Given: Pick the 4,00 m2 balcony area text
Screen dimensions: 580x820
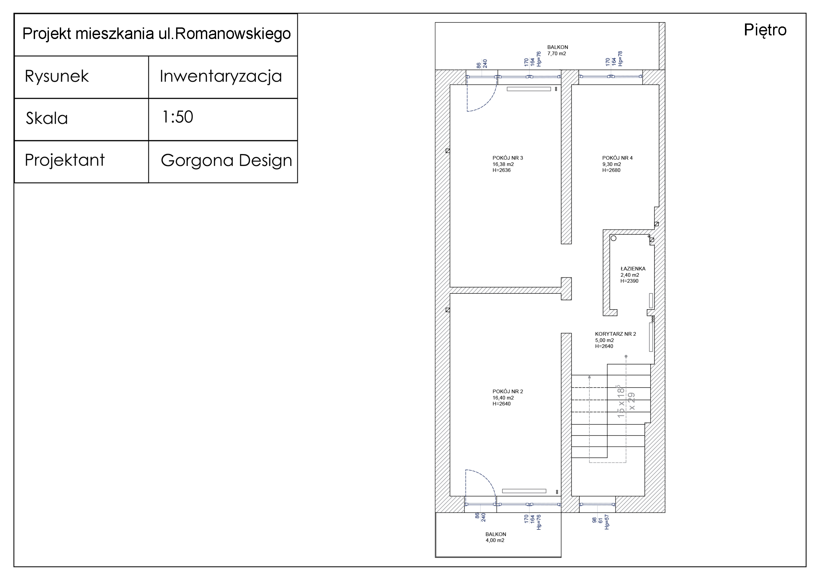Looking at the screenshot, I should pos(495,540).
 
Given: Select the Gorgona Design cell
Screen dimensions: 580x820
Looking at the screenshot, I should pos(226,160).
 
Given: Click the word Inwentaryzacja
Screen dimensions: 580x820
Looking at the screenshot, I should pos(220,76).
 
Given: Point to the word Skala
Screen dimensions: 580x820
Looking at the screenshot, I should pos(47,118).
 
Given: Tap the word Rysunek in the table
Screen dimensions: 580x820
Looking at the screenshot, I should pos(57,76).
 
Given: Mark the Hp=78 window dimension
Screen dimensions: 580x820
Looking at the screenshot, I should pos(620,59).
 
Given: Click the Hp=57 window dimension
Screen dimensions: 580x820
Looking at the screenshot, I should pos(606,522).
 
